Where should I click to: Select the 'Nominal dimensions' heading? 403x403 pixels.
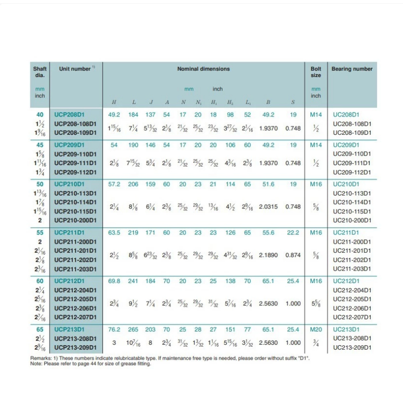click(203, 69)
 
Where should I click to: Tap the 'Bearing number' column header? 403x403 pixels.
click(351, 69)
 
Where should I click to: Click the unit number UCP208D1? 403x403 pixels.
click(69, 115)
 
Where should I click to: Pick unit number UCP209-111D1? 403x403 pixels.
click(75, 163)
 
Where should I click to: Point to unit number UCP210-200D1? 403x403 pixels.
click(75, 220)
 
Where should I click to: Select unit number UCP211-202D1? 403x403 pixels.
click(75, 260)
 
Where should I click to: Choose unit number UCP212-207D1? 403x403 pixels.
click(75, 317)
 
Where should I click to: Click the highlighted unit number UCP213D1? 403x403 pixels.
click(69, 330)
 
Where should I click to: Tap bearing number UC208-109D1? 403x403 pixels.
click(352, 132)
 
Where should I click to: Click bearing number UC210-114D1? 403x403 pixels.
click(352, 202)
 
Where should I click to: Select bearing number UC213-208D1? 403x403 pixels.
click(352, 338)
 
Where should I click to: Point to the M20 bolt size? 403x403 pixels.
click(316, 330)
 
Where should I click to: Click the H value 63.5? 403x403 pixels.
click(114, 233)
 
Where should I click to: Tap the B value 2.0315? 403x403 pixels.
click(268, 207)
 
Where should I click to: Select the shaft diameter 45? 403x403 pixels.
click(40, 144)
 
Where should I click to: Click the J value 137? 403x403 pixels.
click(151, 115)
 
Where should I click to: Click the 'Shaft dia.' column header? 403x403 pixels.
click(40, 72)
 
